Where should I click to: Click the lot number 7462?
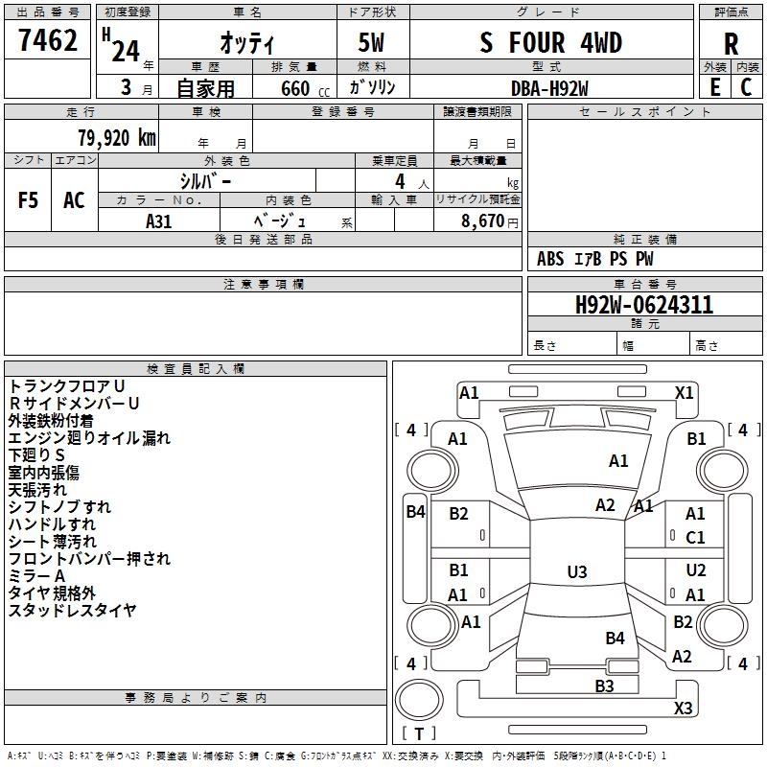[48, 40]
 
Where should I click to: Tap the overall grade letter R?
[731, 44]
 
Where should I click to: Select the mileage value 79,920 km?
[117, 138]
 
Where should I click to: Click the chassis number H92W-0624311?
[644, 305]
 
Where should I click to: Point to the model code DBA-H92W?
[549, 88]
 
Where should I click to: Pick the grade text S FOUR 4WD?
[551, 42]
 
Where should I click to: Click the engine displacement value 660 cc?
[305, 88]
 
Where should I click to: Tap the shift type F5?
[28, 200]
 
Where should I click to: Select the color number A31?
[158, 221]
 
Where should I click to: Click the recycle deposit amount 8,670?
[482, 221]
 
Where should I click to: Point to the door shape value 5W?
[371, 42]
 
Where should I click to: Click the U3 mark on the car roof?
[577, 571]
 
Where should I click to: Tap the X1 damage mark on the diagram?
[684, 393]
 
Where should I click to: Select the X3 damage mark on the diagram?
[683, 708]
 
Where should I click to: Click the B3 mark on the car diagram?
[604, 686]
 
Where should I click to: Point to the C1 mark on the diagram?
[695, 538]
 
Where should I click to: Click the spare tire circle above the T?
[419, 700]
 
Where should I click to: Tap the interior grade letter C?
[746, 87]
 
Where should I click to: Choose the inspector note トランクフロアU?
[67, 386]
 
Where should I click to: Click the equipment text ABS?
[550, 259]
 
